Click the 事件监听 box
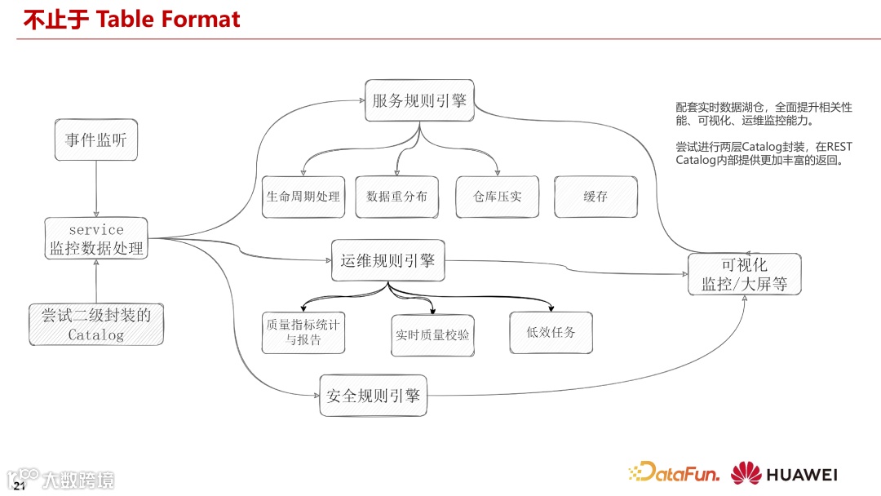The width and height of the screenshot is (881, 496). [96, 140]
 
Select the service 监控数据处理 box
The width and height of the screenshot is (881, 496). [96, 239]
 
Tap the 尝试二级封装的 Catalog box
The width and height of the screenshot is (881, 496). [96, 324]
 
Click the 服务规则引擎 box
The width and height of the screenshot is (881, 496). [419, 101]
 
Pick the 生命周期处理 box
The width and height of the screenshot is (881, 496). [303, 197]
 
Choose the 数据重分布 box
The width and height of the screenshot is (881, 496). [396, 197]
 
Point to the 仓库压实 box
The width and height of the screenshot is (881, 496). [497, 197]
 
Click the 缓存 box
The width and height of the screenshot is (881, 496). [595, 197]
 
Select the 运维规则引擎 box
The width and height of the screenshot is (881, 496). [387, 261]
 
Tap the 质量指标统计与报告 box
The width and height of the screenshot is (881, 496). [303, 333]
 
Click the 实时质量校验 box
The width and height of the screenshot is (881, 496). [432, 334]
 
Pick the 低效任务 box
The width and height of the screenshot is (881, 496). [551, 332]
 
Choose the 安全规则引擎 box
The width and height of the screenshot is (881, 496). [373, 396]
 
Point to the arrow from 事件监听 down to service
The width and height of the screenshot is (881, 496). [96, 188]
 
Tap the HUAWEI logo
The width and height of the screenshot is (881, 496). [784, 474]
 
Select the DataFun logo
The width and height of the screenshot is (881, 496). [675, 473]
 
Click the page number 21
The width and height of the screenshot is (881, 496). [20, 487]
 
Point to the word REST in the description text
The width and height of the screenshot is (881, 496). [839, 147]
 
